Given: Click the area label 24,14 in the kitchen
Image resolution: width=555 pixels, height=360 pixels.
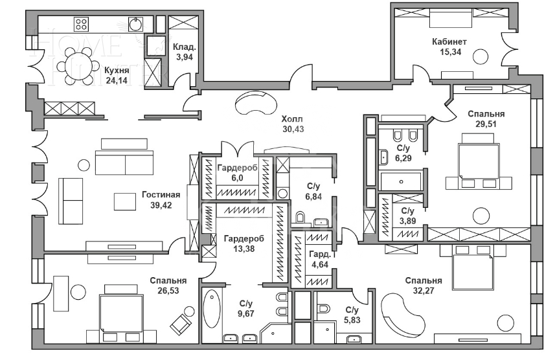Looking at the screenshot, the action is [117, 80].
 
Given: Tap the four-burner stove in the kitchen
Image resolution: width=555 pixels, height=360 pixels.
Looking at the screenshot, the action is [81, 24].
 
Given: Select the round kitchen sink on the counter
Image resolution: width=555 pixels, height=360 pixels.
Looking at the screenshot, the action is [136, 24].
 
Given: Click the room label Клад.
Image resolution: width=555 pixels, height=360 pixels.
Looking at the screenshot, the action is [185, 47].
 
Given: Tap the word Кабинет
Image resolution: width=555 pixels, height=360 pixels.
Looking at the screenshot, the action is [449, 41].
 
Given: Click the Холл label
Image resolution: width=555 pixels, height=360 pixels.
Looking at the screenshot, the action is [292, 119].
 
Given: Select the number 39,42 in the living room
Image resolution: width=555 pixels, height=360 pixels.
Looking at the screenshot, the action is [161, 205].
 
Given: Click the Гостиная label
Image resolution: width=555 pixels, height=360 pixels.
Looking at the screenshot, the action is [161, 195].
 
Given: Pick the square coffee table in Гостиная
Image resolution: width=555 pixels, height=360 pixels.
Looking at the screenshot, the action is [125, 201].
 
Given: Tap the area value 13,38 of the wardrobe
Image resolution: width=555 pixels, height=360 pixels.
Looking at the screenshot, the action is [244, 249].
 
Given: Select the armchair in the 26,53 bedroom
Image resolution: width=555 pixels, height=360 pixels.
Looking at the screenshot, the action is [181, 324].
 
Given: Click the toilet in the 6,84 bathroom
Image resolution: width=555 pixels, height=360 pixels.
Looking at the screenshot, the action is [300, 218].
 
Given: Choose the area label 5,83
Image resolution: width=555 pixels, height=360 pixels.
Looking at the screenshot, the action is [352, 320].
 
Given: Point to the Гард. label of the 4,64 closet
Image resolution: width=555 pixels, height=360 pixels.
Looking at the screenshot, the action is [320, 254].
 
